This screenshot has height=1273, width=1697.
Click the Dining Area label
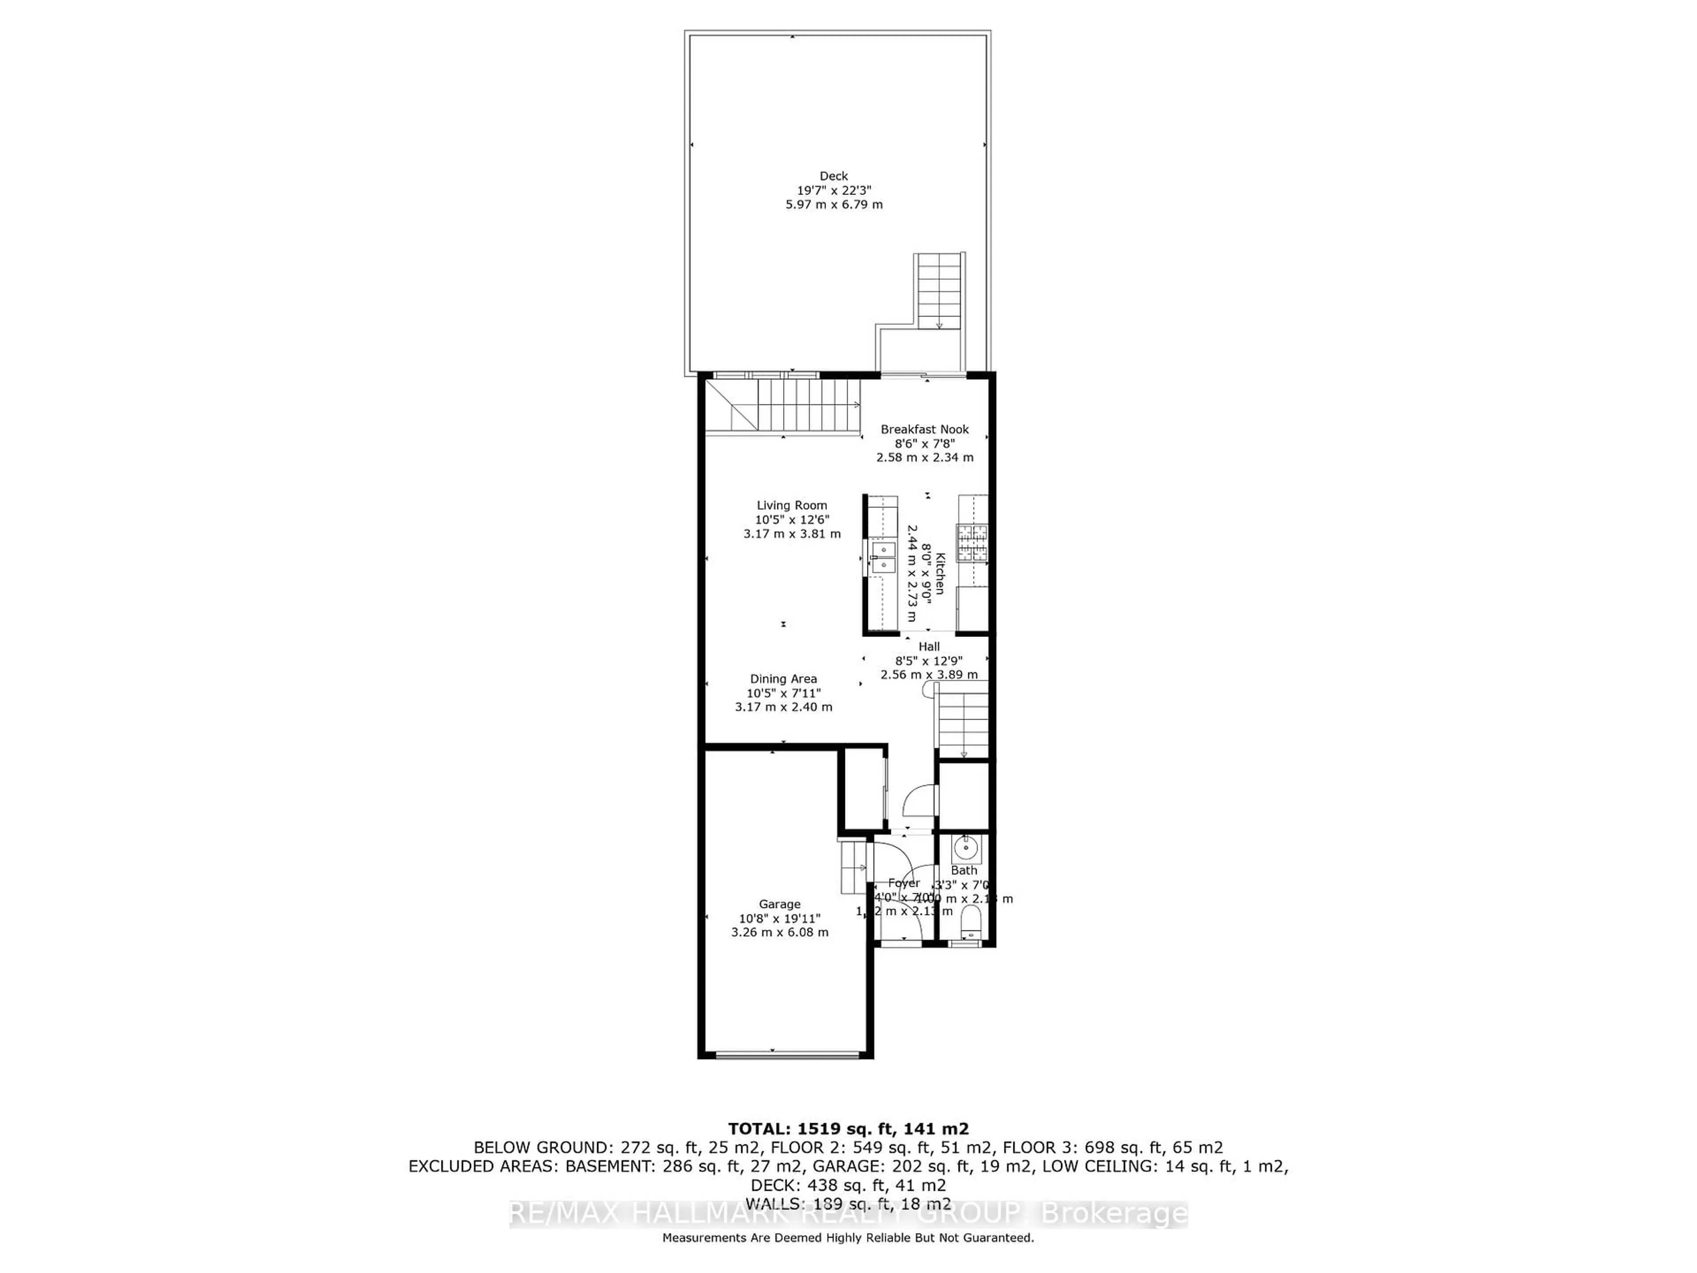click(x=783, y=679)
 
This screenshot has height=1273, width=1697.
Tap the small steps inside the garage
click(x=854, y=867)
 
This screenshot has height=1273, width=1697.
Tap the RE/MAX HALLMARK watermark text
click(x=848, y=1214)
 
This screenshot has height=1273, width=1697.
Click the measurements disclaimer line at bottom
click(x=848, y=1238)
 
